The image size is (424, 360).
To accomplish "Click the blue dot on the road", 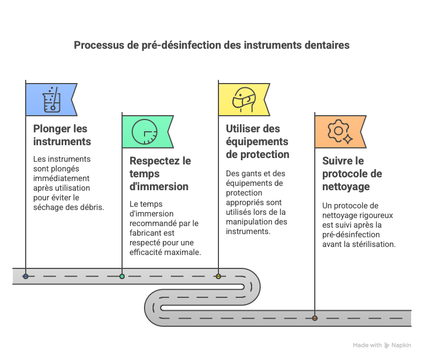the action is tap(26, 276).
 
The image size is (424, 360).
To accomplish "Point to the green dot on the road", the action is tap(122, 276).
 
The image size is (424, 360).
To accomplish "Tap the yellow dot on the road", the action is tap(218, 276).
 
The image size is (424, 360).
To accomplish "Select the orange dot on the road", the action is tap(315, 318).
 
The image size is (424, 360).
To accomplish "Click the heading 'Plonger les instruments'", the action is tap(62, 135).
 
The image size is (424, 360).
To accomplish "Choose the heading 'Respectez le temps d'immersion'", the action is tap(160, 174).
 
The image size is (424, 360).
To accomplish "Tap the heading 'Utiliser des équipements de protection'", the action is tap(258, 141).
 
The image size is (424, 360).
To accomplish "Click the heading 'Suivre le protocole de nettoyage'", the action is tap(352, 174).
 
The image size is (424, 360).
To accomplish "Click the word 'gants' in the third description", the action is tap(251, 174).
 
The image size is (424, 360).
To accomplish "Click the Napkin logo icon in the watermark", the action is tap(387, 346).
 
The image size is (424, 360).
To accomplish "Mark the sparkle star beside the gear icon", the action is tap(348, 139).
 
